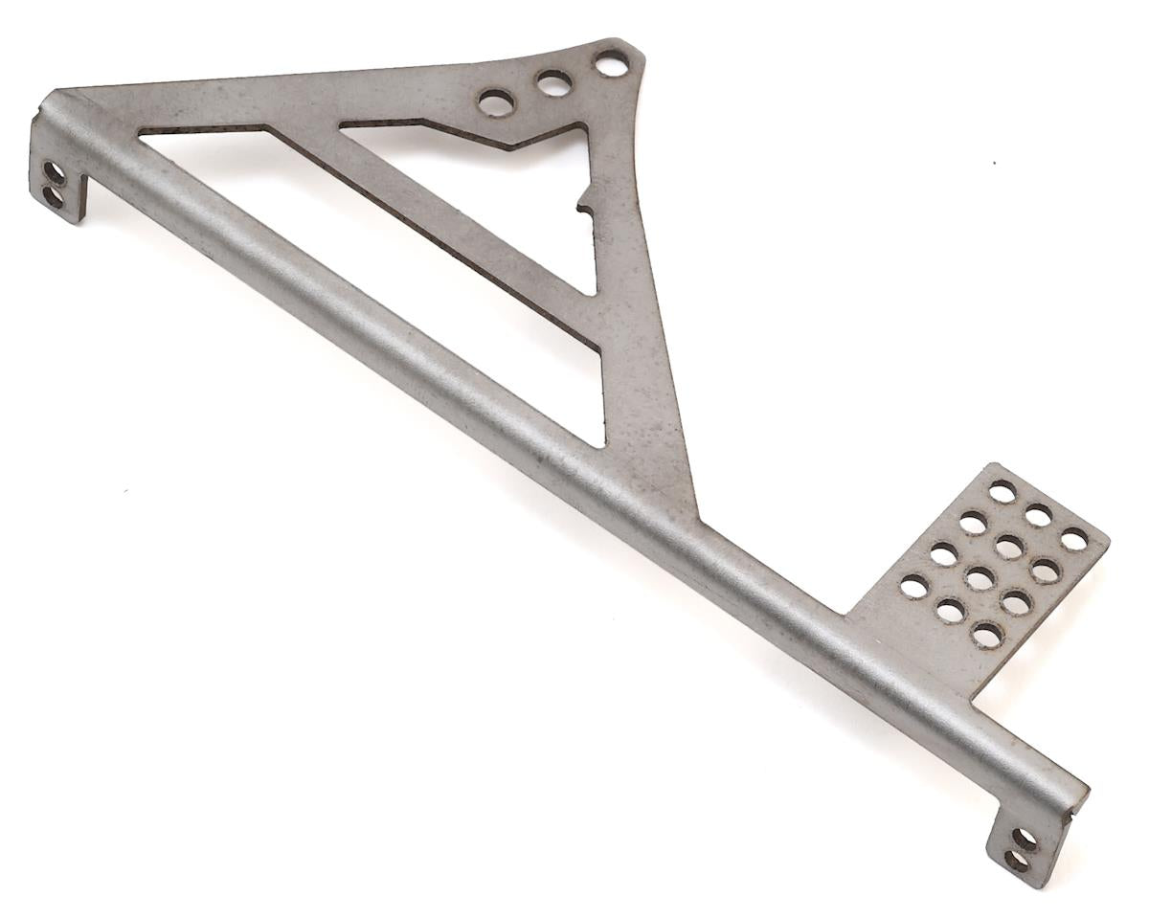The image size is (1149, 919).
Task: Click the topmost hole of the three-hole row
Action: pyautogui.click(x=611, y=63)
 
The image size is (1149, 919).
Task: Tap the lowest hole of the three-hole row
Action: pyautogui.click(x=496, y=102)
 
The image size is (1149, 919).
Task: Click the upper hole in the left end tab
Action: pyautogui.click(x=55, y=173)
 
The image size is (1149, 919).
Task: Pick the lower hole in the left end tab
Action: pyautogui.click(x=53, y=196)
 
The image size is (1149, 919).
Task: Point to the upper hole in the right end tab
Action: pyautogui.click(x=1025, y=840)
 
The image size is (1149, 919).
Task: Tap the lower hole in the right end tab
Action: pyautogui.click(x=1016, y=861)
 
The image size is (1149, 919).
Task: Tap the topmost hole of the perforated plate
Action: pyautogui.click(x=1002, y=492)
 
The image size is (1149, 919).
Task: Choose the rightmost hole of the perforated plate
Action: pyautogui.click(x=1074, y=539)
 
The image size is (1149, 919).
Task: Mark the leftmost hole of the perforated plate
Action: pyautogui.click(x=914, y=586)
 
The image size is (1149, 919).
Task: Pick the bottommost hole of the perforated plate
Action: pyautogui.click(x=986, y=634)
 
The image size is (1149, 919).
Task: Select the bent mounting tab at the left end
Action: pyautogui.click(x=59, y=182)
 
